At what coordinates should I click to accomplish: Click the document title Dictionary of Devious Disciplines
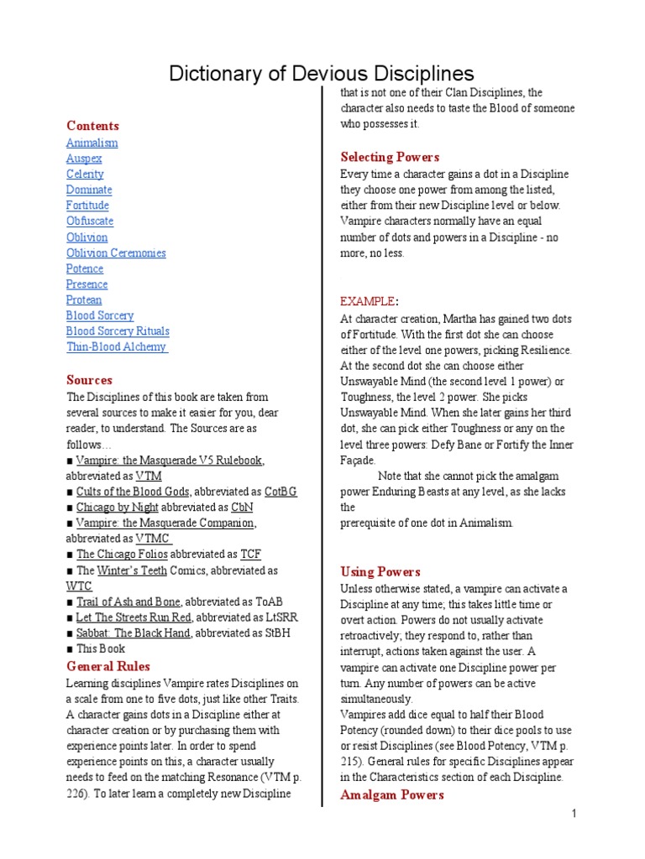click(x=322, y=73)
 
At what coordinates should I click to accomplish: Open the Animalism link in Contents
click(x=92, y=143)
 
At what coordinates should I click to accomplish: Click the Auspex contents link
click(x=84, y=159)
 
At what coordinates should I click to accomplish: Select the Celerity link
click(x=86, y=174)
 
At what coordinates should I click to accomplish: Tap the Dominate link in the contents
click(x=89, y=190)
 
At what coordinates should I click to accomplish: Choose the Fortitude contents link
click(x=88, y=206)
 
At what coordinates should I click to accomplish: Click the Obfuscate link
click(x=90, y=221)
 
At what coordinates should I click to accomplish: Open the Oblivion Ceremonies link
click(x=116, y=252)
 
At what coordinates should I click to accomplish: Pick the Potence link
click(x=85, y=268)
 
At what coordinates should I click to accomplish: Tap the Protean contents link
click(x=84, y=299)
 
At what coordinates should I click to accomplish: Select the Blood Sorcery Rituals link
click(x=118, y=331)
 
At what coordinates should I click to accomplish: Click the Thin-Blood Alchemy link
click(x=117, y=346)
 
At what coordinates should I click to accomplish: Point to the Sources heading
click(x=89, y=379)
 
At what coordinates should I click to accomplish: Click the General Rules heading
click(x=108, y=666)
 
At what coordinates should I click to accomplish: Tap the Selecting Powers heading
click(x=390, y=157)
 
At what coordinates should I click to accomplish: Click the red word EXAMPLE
click(x=367, y=301)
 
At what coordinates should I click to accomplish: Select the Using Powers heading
click(x=380, y=571)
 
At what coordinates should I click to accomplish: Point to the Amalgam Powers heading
click(x=391, y=794)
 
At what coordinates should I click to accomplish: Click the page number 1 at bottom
click(x=573, y=814)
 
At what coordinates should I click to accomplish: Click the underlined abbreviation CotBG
click(x=281, y=492)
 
